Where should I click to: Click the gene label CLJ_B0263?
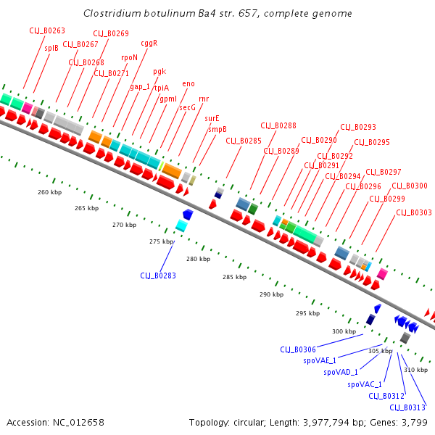[x=47, y=30]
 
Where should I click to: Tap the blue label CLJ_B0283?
[x=158, y=275]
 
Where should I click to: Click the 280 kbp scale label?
[x=197, y=259]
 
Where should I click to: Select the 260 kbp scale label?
[x=49, y=192]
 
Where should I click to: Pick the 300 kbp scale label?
[x=344, y=331]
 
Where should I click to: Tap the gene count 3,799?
[x=413, y=422]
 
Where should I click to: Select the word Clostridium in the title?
[x=111, y=13]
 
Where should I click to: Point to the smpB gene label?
[x=217, y=128]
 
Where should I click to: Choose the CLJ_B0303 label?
[x=414, y=212]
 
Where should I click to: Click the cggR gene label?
[x=149, y=43]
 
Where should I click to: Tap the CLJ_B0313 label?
[x=407, y=407]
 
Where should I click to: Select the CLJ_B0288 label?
[x=278, y=125]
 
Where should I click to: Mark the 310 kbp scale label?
[x=415, y=370]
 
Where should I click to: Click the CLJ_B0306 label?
[x=298, y=349]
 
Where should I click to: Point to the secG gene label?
[x=187, y=107]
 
